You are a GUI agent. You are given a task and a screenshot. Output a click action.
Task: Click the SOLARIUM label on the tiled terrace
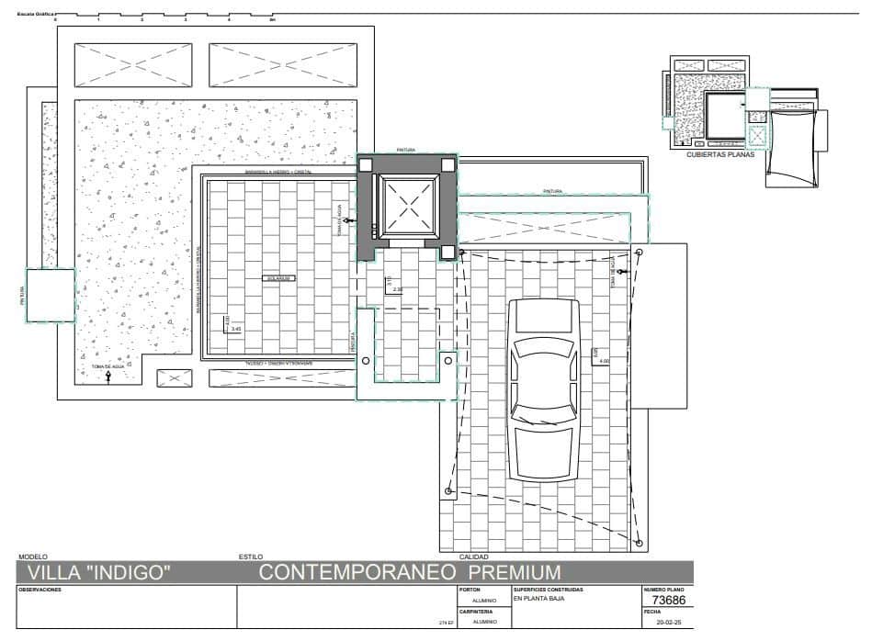click(x=277, y=277)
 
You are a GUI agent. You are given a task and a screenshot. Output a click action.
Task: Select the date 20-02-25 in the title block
click(x=668, y=623)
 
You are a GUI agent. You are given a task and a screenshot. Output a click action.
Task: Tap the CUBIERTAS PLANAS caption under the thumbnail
click(x=720, y=155)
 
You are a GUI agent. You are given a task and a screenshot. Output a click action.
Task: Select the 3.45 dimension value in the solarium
click(x=236, y=328)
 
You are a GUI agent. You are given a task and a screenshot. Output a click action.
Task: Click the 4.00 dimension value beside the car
click(x=604, y=360)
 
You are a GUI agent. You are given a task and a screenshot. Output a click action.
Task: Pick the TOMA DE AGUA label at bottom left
click(x=107, y=366)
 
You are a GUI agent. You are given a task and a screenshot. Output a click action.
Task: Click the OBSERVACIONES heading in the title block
click(x=40, y=590)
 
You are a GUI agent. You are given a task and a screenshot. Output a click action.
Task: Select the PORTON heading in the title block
click(x=469, y=590)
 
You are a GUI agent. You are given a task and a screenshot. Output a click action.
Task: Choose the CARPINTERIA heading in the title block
click(x=476, y=611)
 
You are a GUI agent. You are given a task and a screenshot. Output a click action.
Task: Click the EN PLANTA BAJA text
click(x=538, y=599)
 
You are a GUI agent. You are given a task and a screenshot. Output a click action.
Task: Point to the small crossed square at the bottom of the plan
click(x=175, y=377)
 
